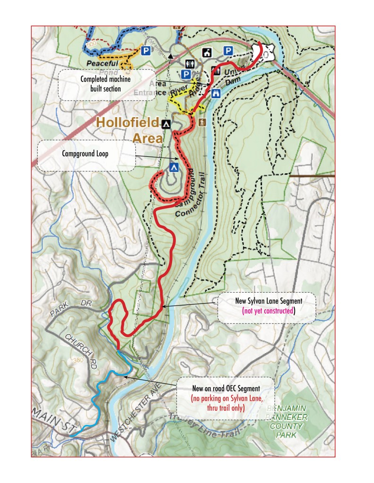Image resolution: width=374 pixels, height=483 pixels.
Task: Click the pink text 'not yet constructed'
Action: click(x=268, y=311)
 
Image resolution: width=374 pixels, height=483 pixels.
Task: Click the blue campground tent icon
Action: click(x=174, y=167)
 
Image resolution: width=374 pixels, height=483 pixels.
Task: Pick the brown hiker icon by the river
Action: click(x=202, y=123)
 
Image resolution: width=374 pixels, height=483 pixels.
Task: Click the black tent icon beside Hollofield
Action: click(x=166, y=124)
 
